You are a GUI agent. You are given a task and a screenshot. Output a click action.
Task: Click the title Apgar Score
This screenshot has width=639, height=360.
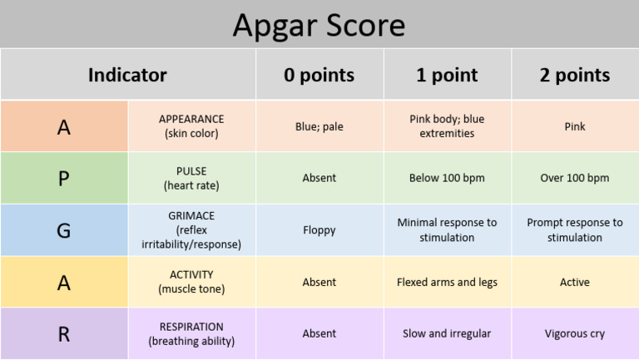pos(319,26)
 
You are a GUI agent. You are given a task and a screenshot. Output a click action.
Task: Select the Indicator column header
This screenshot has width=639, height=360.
pos(127,75)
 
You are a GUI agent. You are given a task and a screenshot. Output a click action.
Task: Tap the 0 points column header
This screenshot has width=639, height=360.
pos(319,75)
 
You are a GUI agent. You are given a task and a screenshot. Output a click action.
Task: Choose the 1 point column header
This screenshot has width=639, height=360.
pos(447,75)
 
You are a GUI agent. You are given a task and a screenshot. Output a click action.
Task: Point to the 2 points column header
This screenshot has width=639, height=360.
pos(574,75)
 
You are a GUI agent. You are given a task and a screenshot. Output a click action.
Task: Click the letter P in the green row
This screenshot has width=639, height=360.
pos(64,179)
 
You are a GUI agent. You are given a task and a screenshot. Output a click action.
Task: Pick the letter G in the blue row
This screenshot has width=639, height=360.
pos(64,230)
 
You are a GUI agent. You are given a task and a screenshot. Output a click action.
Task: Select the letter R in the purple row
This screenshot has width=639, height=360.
pos(64,333)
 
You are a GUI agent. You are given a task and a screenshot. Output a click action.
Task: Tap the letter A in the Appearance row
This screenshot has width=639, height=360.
pos(64,127)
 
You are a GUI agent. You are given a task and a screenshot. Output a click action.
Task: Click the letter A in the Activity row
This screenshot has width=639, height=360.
pos(64,283)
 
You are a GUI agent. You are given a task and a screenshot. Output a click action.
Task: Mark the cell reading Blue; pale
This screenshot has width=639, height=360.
pos(319,127)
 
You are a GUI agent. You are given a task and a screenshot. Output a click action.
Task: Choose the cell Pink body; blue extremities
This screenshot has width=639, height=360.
pos(447,126)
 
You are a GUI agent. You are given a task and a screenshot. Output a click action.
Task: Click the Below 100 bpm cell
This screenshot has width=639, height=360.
pos(447,178)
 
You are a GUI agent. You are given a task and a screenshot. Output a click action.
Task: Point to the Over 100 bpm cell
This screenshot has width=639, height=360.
pos(574,178)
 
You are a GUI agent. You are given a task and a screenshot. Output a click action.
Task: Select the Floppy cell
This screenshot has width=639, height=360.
pos(319,230)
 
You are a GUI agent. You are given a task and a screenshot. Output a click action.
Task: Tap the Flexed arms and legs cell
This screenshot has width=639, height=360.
pos(447,282)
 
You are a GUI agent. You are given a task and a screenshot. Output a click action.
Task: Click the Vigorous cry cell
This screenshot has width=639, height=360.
pos(574,333)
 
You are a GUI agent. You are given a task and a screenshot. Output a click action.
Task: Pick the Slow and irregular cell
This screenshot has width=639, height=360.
pos(447,333)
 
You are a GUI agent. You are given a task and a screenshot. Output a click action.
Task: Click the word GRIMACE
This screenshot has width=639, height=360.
pos(191,215)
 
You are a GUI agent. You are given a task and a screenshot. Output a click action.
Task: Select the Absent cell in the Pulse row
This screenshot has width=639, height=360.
pos(319,178)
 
